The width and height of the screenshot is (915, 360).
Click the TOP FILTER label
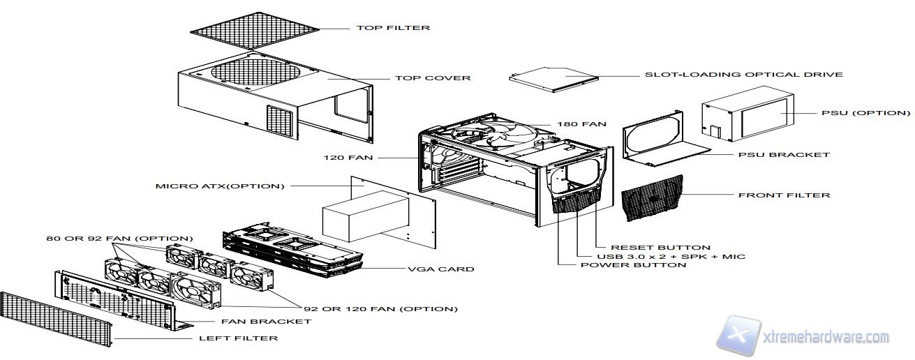click(393, 29)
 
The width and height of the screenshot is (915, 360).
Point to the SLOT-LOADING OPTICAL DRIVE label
click(743, 75)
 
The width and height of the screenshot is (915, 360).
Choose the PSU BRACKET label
click(784, 154)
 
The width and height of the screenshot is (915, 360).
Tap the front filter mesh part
click(652, 197)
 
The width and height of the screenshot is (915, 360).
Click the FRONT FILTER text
click(784, 195)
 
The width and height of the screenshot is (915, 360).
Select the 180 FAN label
click(581, 124)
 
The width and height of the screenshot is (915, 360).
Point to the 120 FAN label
click(348, 158)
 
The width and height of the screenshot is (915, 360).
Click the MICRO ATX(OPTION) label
click(220, 186)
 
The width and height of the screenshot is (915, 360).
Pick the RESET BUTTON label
click(660, 247)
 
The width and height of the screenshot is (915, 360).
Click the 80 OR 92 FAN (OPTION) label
click(119, 239)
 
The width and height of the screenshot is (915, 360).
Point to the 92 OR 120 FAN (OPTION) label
click(380, 308)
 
